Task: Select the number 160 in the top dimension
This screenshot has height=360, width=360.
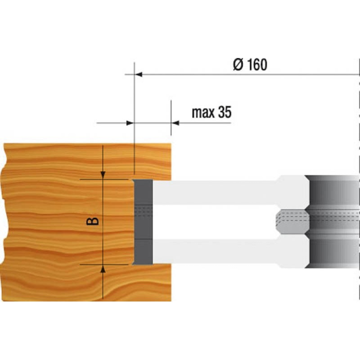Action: pos(256,65)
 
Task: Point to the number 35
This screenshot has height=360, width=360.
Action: pos(224,113)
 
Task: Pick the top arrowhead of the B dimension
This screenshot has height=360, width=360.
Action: pos(103,175)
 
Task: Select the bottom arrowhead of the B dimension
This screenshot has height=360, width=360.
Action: pos(103,269)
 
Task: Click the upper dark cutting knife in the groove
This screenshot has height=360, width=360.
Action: pos(144,193)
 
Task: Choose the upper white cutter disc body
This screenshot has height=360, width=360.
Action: pos(216,192)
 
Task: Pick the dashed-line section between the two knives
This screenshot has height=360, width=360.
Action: pos(144,212)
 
